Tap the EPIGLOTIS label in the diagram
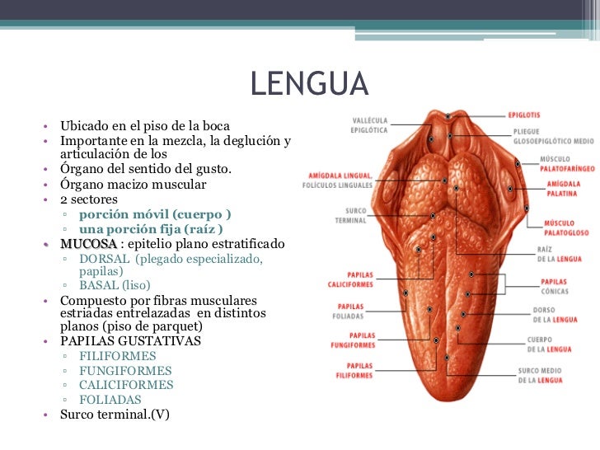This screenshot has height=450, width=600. pyautogui.click(x=524, y=115)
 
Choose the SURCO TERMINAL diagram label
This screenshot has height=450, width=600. pyautogui.click(x=350, y=215)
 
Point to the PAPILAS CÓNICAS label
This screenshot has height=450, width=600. pyautogui.click(x=554, y=285)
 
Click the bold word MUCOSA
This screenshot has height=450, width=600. pyautogui.click(x=88, y=245)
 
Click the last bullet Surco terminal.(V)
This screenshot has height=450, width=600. pyautogui.click(x=115, y=415)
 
